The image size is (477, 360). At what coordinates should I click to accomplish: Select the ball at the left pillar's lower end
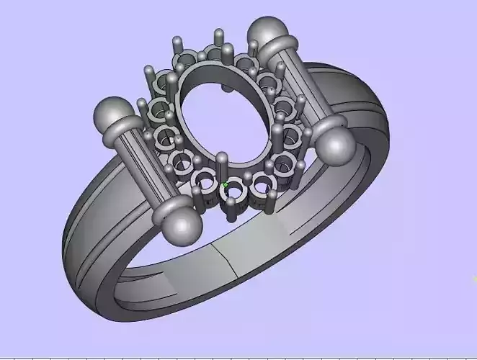coord(180,228)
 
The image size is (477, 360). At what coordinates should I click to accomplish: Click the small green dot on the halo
coord(225,185)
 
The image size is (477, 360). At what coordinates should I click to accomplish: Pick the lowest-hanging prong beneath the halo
coord(231,212)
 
